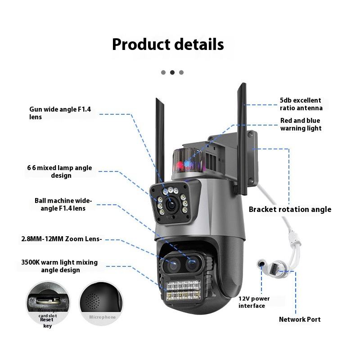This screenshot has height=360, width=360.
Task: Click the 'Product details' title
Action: click(x=168, y=45)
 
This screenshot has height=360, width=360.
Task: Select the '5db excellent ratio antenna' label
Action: click(x=301, y=104)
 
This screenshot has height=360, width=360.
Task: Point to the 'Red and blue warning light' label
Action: click(x=301, y=124)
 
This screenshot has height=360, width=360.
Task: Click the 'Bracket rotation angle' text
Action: click(x=290, y=209)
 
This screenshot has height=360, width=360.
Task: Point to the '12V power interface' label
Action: click(x=254, y=302)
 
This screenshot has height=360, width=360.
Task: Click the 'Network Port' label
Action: click(x=300, y=319)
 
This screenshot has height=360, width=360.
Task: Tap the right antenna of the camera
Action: click(x=242, y=135)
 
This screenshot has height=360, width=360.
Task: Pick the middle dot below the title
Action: click(x=172, y=72)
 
